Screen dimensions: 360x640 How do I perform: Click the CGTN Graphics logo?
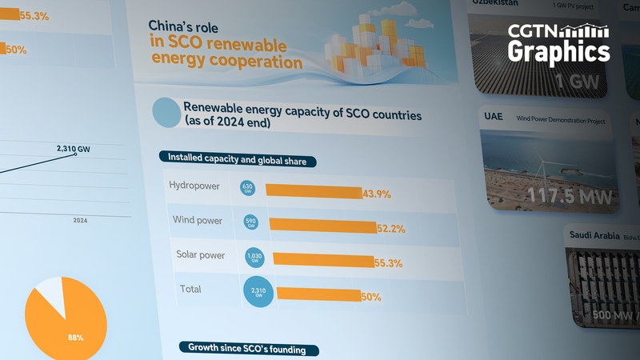pos(559,44)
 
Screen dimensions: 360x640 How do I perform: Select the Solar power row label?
pos(200,256)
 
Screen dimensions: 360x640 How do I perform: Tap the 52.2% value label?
pos(390,229)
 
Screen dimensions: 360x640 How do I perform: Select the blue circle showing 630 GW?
pos(247,187)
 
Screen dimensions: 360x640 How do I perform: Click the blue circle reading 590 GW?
pos(250,222)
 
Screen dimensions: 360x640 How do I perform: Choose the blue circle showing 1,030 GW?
pos(254,257)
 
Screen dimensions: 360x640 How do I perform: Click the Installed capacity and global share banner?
pos(238,161)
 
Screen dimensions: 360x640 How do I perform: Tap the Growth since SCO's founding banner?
pos(252,349)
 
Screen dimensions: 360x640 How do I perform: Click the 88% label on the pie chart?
pos(75,337)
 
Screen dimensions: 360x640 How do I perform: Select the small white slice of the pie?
pos(50,294)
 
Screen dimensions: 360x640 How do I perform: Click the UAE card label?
pos(494,118)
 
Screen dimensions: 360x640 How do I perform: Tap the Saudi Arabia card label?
pos(595,235)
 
